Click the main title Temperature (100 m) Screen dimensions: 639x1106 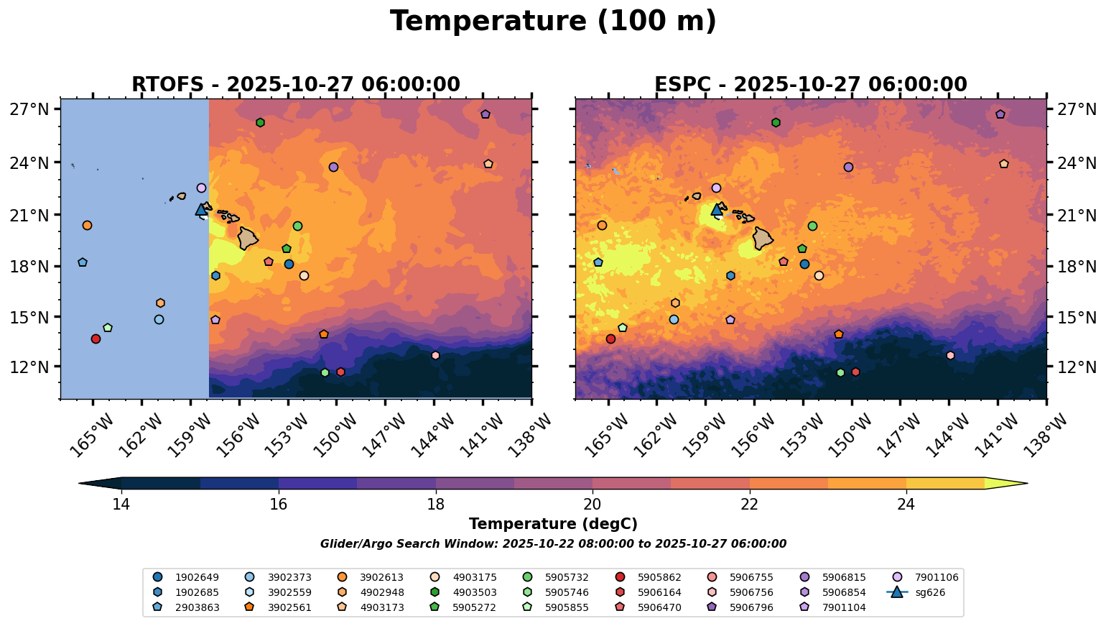pyautogui.click(x=553, y=22)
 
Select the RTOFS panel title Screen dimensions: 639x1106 pyautogui.click(x=295, y=85)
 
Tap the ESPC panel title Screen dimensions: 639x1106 pyautogui.click(x=810, y=85)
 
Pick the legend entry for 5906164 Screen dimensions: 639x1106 pyautogui.click(x=659, y=593)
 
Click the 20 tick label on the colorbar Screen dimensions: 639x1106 pyautogui.click(x=592, y=505)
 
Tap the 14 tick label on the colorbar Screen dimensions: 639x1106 pyautogui.click(x=121, y=505)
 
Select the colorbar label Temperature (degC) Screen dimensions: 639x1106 pyautogui.click(x=553, y=525)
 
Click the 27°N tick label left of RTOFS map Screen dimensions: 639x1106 pyautogui.click(x=29, y=110)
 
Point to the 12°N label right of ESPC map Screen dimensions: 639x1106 pyautogui.click(x=1077, y=367)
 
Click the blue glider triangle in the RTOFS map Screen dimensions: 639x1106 pyautogui.click(x=202, y=210)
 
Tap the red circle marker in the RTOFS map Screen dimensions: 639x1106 pyautogui.click(x=96, y=339)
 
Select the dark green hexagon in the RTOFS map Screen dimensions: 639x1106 pyautogui.click(x=260, y=123)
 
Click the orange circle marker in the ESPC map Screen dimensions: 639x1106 pyautogui.click(x=602, y=226)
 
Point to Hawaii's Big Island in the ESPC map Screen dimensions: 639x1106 pyautogui.click(x=763, y=238)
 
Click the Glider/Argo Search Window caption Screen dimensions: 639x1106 pyautogui.click(x=553, y=544)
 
